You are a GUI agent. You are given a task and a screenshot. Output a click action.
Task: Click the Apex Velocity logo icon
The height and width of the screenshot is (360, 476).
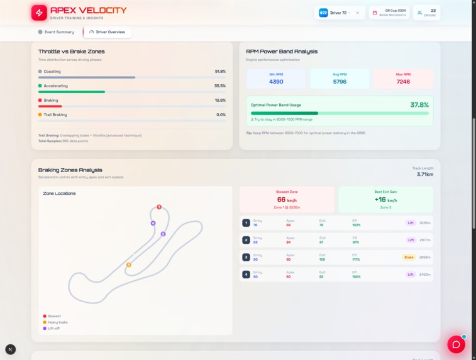39,13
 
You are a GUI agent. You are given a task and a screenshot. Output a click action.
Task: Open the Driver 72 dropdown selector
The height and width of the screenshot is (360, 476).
340,13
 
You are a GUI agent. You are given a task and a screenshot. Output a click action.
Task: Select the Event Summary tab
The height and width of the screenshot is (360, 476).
56,32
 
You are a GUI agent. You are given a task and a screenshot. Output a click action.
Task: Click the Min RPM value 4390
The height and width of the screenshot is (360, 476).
276,82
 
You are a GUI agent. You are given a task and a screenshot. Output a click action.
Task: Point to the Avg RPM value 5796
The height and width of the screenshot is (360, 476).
340,82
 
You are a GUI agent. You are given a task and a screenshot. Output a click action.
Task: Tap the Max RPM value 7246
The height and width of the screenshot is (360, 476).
403,82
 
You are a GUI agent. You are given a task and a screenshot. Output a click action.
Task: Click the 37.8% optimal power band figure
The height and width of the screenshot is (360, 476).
419,105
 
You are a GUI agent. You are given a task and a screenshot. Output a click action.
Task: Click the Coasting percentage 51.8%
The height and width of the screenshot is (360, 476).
220,72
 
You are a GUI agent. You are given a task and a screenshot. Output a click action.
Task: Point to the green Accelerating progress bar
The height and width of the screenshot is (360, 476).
71,92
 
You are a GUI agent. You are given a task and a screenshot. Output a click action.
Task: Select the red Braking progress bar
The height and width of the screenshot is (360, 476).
50,106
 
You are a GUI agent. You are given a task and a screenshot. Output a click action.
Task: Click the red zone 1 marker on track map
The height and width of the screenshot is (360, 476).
159,207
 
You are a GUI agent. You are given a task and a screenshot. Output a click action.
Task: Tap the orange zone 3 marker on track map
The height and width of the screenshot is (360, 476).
129,265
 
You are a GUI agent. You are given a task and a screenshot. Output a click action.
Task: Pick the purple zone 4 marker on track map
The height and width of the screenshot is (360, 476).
153,223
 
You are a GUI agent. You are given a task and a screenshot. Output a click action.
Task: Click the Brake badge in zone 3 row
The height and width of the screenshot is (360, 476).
409,257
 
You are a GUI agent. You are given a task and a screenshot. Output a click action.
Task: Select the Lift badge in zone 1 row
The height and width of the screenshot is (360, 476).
411,222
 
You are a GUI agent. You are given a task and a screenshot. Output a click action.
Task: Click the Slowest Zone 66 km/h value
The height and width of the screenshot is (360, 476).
287,200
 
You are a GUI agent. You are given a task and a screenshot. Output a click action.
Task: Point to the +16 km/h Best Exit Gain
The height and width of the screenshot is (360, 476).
385,200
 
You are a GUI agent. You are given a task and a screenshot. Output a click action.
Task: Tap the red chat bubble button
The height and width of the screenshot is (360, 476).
456,344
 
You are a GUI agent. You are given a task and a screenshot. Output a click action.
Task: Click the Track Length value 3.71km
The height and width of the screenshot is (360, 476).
424,174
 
